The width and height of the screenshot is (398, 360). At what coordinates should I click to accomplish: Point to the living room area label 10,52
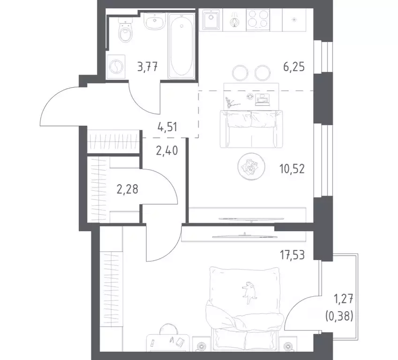pos(292,169)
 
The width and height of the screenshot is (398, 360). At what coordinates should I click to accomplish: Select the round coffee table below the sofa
pos(248,166)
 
